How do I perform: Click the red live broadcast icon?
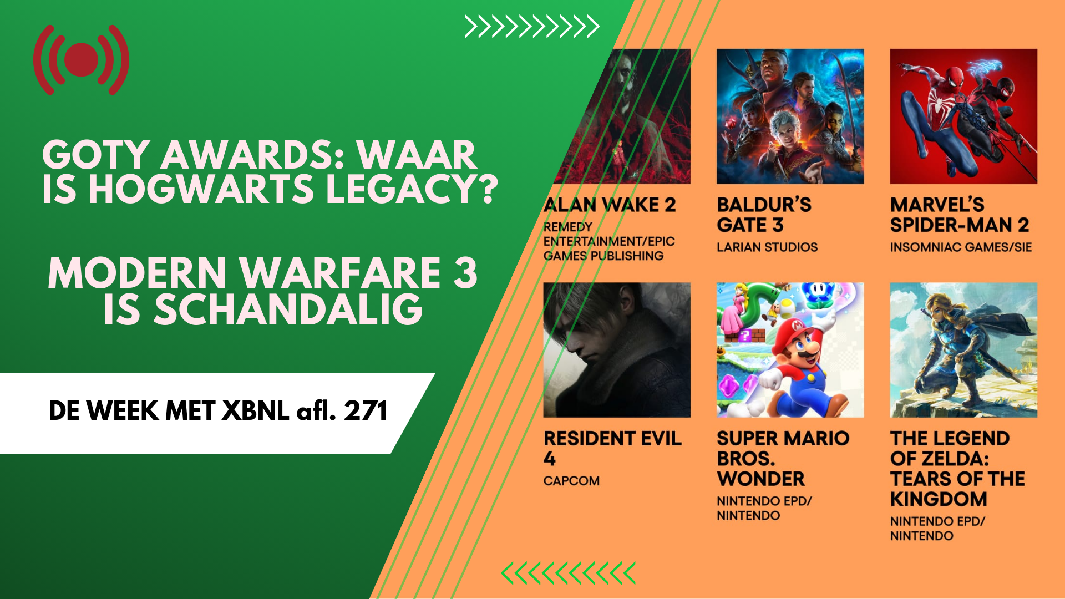(x=81, y=60)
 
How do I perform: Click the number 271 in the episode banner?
(x=365, y=411)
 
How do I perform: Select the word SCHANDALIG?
(x=263, y=309)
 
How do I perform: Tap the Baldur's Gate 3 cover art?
(x=790, y=116)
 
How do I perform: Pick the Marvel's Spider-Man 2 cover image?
(x=963, y=116)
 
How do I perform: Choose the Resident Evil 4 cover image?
(x=617, y=350)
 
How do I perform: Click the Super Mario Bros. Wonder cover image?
(x=790, y=350)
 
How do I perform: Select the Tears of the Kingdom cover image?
(x=963, y=350)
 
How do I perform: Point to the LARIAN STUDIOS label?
(x=767, y=247)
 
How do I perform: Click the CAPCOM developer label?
(x=571, y=481)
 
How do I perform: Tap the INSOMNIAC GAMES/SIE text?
(x=961, y=247)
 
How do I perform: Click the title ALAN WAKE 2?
(x=610, y=205)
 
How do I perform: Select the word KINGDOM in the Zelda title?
(x=939, y=499)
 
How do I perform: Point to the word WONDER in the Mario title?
(x=760, y=479)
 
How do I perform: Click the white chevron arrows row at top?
(x=531, y=27)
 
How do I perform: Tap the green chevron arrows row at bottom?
(x=568, y=573)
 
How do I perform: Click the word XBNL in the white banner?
(x=255, y=411)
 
